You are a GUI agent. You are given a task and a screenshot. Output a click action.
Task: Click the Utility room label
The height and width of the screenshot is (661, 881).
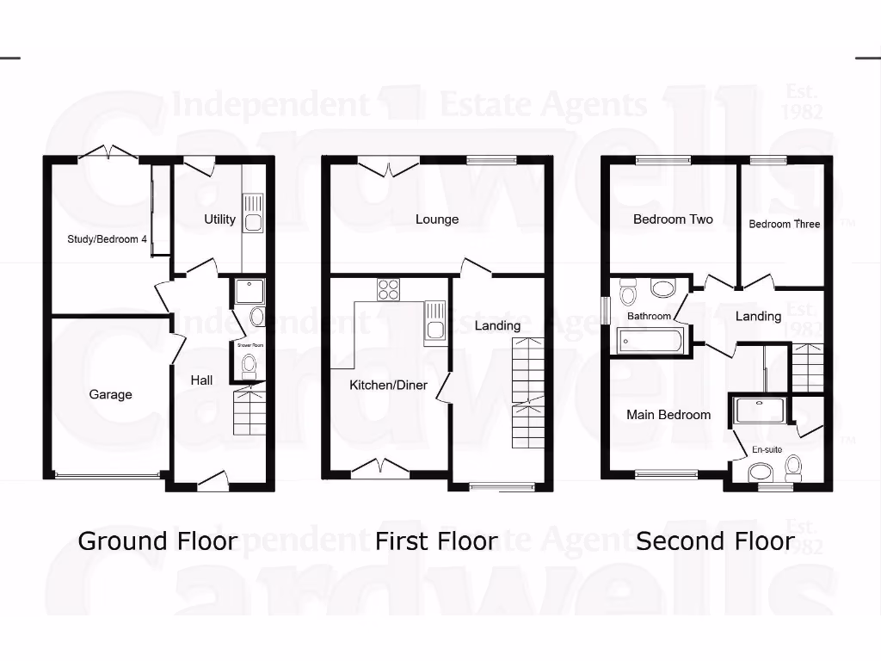point(219,219)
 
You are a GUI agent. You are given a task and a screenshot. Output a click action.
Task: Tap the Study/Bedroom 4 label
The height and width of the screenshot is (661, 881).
point(108,239)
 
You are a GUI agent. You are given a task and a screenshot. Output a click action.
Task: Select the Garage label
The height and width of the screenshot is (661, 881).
point(111,395)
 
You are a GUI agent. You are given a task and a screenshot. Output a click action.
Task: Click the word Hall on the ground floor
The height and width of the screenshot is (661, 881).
point(202,380)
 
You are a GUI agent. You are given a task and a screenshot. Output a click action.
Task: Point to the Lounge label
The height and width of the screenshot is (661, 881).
point(437,219)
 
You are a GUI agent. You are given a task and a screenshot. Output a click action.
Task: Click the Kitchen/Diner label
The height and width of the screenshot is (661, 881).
point(388,385)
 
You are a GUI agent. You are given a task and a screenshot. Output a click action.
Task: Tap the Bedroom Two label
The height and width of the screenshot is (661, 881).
point(673,219)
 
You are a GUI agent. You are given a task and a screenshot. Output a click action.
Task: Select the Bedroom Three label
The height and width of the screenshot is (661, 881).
point(785,224)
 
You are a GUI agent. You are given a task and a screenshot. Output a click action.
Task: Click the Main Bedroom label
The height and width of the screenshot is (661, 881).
point(668,415)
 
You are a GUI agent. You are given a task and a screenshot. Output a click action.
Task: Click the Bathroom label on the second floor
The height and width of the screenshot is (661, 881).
point(649,317)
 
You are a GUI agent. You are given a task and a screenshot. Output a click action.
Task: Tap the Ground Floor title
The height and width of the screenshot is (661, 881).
point(157,541)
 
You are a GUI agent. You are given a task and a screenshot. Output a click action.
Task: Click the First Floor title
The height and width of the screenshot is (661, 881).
point(436,541)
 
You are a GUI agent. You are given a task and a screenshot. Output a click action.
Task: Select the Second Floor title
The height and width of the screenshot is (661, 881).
point(715,541)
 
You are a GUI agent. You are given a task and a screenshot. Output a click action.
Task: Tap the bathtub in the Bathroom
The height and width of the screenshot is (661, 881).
point(650,342)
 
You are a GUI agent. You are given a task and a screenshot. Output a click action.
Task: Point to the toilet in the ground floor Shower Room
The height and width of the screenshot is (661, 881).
point(250,366)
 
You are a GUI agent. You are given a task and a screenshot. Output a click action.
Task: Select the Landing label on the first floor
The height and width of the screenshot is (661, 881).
point(497,325)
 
